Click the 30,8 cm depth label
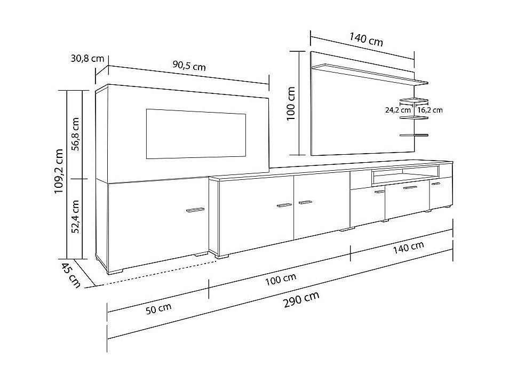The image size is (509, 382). (x=87, y=59)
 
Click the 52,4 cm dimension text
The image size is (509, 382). (x=76, y=217)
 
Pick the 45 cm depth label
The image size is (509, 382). (x=71, y=275)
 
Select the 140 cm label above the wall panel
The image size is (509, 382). (x=366, y=39)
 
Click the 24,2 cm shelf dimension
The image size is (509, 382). (x=398, y=110)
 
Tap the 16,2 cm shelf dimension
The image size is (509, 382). (x=430, y=110)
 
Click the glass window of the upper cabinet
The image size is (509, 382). (x=195, y=134)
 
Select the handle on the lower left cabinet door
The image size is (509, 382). (x=195, y=210)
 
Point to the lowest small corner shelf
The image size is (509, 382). (x=414, y=136)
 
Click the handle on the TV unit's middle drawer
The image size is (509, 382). (x=409, y=188)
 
